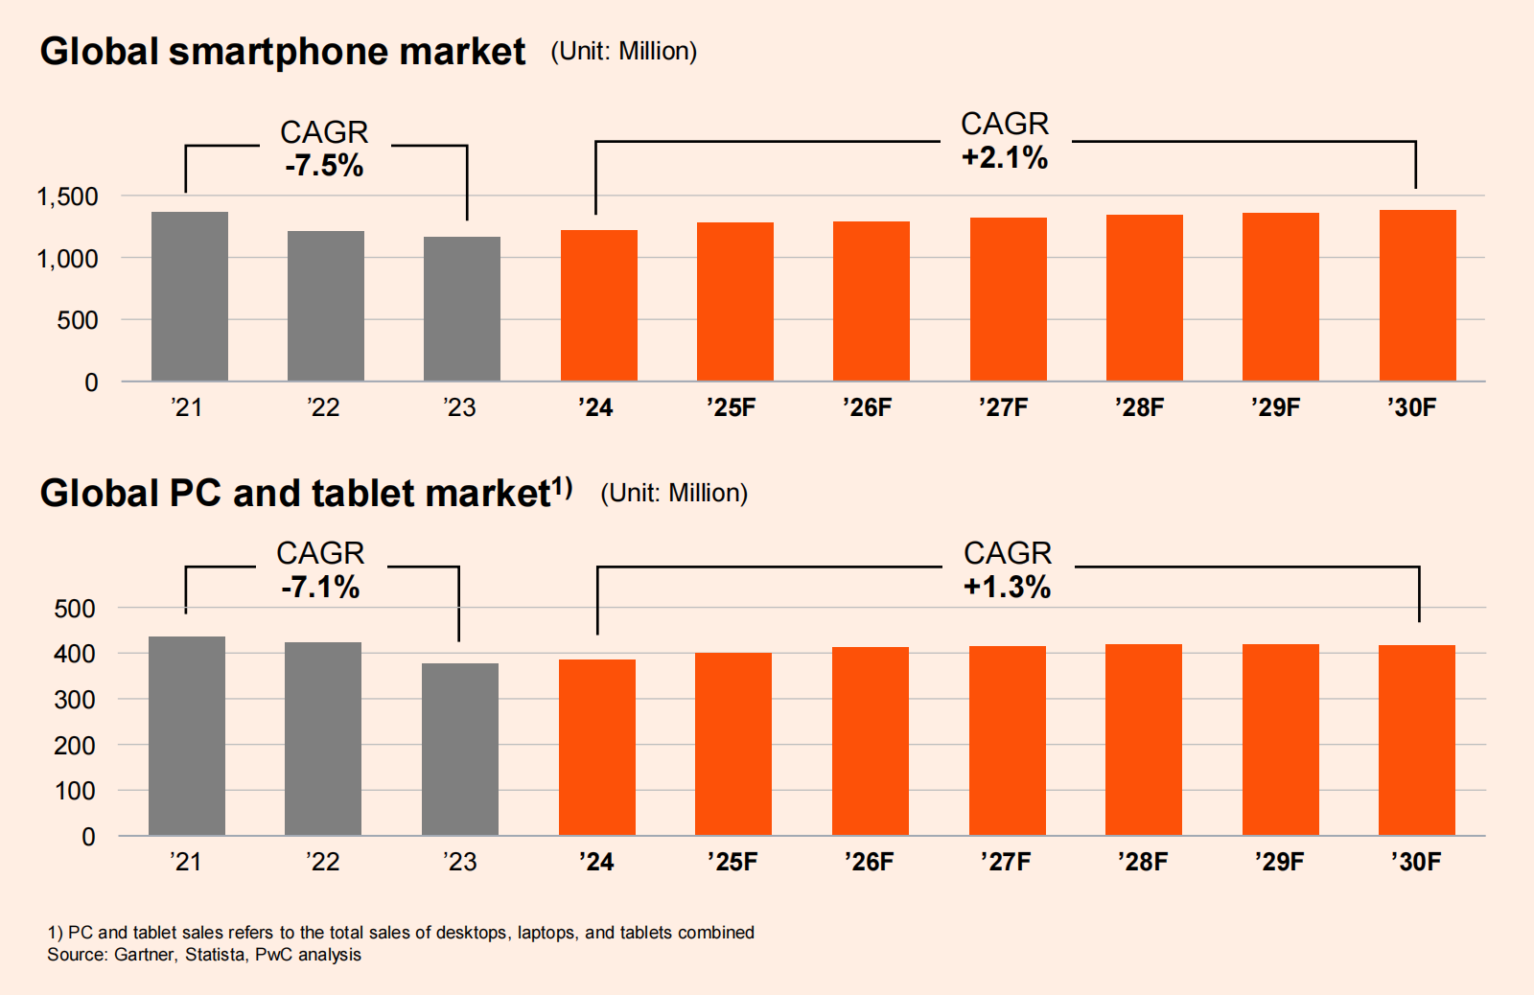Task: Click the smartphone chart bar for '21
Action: (x=190, y=296)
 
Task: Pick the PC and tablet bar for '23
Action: (x=460, y=749)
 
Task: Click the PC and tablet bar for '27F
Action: (x=1008, y=740)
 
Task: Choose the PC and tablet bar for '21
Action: (x=187, y=735)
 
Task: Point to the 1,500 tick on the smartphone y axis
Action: (x=67, y=197)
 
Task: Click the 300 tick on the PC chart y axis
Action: (x=75, y=700)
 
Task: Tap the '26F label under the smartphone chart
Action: (x=868, y=407)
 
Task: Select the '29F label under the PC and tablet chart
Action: (x=1280, y=862)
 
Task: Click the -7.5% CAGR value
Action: (x=324, y=166)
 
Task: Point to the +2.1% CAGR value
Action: (x=1005, y=157)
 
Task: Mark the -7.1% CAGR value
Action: (x=320, y=587)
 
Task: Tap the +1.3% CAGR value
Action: (x=1008, y=587)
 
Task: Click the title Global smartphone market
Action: (x=283, y=52)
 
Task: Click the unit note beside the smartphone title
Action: (x=624, y=52)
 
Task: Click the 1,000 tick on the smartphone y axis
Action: (x=67, y=259)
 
